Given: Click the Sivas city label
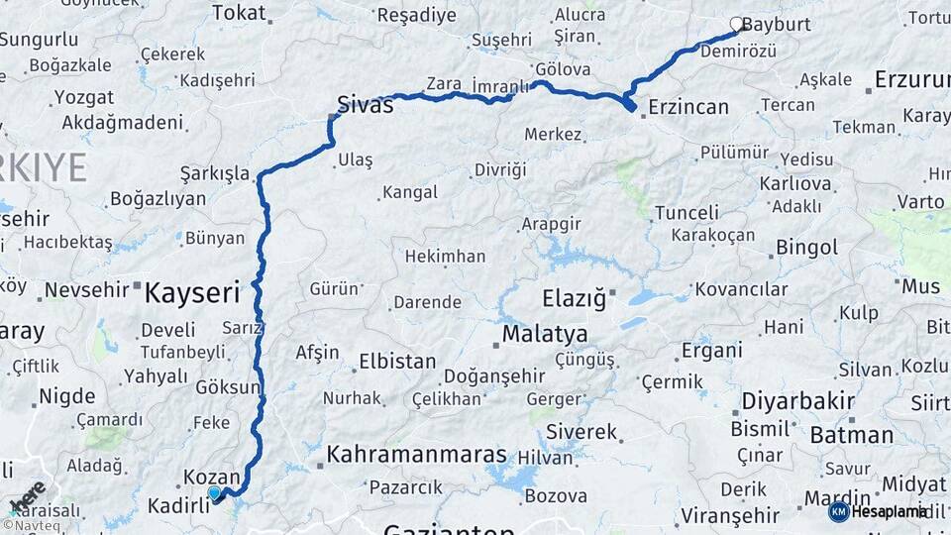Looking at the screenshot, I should [365, 104].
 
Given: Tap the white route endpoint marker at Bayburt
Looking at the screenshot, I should [736, 23].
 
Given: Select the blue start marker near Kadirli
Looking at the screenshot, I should [214, 491].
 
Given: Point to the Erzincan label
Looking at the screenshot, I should [687, 107].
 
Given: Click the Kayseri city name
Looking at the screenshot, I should [193, 292].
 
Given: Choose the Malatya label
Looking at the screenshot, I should [544, 334].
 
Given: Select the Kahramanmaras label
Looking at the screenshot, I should [417, 456].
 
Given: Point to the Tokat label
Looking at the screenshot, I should [239, 13].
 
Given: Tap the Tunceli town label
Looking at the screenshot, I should [687, 212].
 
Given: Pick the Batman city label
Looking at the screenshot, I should [851, 435].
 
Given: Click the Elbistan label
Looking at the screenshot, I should [397, 361].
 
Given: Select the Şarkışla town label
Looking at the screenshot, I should [215, 173].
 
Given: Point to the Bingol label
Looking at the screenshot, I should [806, 247].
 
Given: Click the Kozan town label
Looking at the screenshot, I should [212, 478].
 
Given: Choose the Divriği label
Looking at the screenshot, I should [500, 169].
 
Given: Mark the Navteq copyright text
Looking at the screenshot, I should [29, 525].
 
